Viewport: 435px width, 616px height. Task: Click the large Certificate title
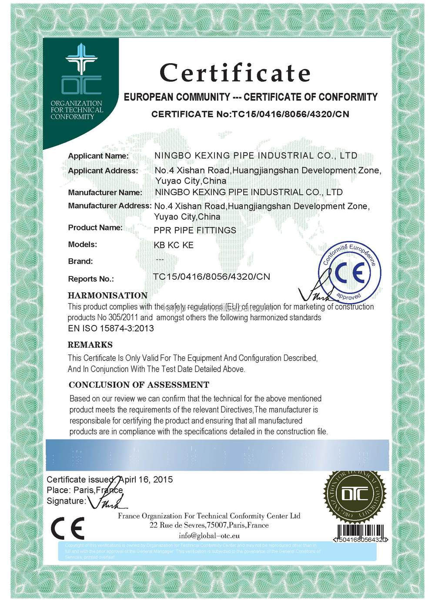tap(235, 73)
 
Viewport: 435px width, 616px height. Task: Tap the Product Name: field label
tap(95, 227)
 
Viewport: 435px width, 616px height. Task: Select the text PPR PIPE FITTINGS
tap(195, 230)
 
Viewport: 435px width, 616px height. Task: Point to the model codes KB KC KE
tap(174, 245)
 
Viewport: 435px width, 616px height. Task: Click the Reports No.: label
tap(91, 279)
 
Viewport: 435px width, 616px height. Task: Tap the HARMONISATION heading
tap(107, 295)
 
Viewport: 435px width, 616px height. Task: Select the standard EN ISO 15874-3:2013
tap(111, 328)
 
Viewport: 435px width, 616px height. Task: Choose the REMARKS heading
tap(90, 345)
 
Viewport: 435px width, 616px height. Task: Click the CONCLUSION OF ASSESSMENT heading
tap(139, 385)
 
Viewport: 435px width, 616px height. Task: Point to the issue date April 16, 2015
tap(145, 480)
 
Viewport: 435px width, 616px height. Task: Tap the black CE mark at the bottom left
tap(67, 528)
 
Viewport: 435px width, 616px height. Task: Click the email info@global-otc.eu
tap(209, 536)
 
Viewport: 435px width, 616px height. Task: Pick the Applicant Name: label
tap(98, 156)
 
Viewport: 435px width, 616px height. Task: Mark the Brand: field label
tap(80, 261)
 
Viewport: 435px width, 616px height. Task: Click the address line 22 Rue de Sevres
tap(209, 525)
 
